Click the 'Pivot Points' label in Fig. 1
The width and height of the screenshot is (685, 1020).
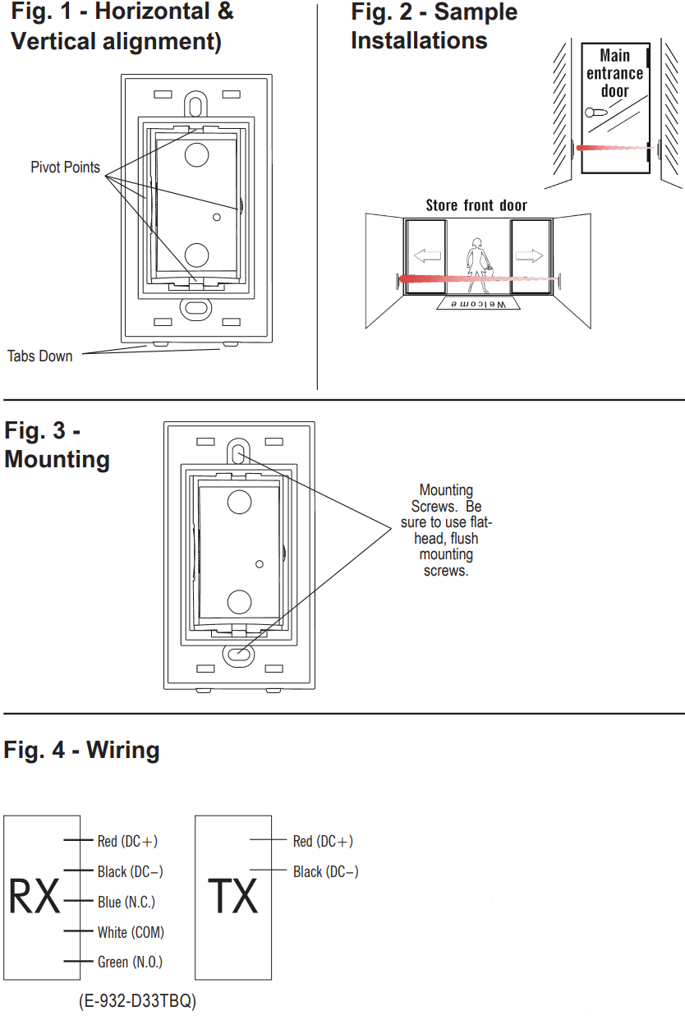(x=65, y=168)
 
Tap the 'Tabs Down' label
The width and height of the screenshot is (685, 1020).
(x=39, y=356)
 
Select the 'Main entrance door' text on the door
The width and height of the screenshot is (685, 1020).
(x=614, y=73)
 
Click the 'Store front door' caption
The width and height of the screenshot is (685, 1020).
(x=476, y=205)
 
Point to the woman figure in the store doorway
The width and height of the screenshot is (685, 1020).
(x=477, y=264)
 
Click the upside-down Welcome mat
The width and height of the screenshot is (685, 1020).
(x=479, y=304)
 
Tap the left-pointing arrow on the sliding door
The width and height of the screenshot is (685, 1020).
(x=427, y=257)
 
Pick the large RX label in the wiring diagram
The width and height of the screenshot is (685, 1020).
(x=34, y=897)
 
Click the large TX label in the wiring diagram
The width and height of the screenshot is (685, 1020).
(x=233, y=897)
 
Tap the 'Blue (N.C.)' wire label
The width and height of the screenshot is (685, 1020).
(x=126, y=902)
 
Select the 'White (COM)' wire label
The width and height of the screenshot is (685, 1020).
(x=131, y=932)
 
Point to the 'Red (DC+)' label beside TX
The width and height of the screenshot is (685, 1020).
(x=323, y=841)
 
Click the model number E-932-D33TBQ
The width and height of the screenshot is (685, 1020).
(x=137, y=1001)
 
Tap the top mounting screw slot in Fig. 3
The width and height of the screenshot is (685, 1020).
(x=239, y=453)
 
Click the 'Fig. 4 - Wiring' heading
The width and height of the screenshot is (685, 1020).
(x=82, y=750)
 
